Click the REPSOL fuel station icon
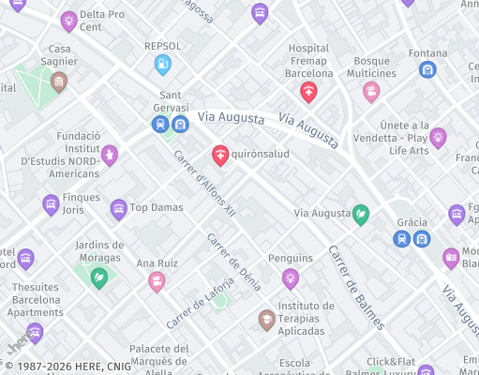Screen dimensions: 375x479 [x=162, y=64]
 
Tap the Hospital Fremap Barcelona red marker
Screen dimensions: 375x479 [x=307, y=91]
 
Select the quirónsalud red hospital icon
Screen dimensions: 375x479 [x=220, y=154]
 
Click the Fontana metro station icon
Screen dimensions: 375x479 [x=427, y=69]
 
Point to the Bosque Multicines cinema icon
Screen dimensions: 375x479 [x=371, y=91]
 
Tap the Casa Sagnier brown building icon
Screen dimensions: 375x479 [x=59, y=82]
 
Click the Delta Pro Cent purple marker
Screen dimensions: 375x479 [x=68, y=20]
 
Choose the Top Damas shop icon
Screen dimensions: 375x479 [x=118, y=208]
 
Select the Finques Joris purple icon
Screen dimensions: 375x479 [x=51, y=203]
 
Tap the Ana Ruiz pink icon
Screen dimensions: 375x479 [x=157, y=281]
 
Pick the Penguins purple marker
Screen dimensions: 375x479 [x=291, y=277]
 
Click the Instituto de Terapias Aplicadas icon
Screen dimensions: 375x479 [x=267, y=320]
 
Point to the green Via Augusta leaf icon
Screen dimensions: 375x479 [x=360, y=215]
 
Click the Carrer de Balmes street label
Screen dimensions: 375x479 [x=355, y=288]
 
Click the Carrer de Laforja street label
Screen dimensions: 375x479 [x=199, y=308]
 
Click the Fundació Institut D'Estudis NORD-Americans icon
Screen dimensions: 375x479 [x=110, y=155]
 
